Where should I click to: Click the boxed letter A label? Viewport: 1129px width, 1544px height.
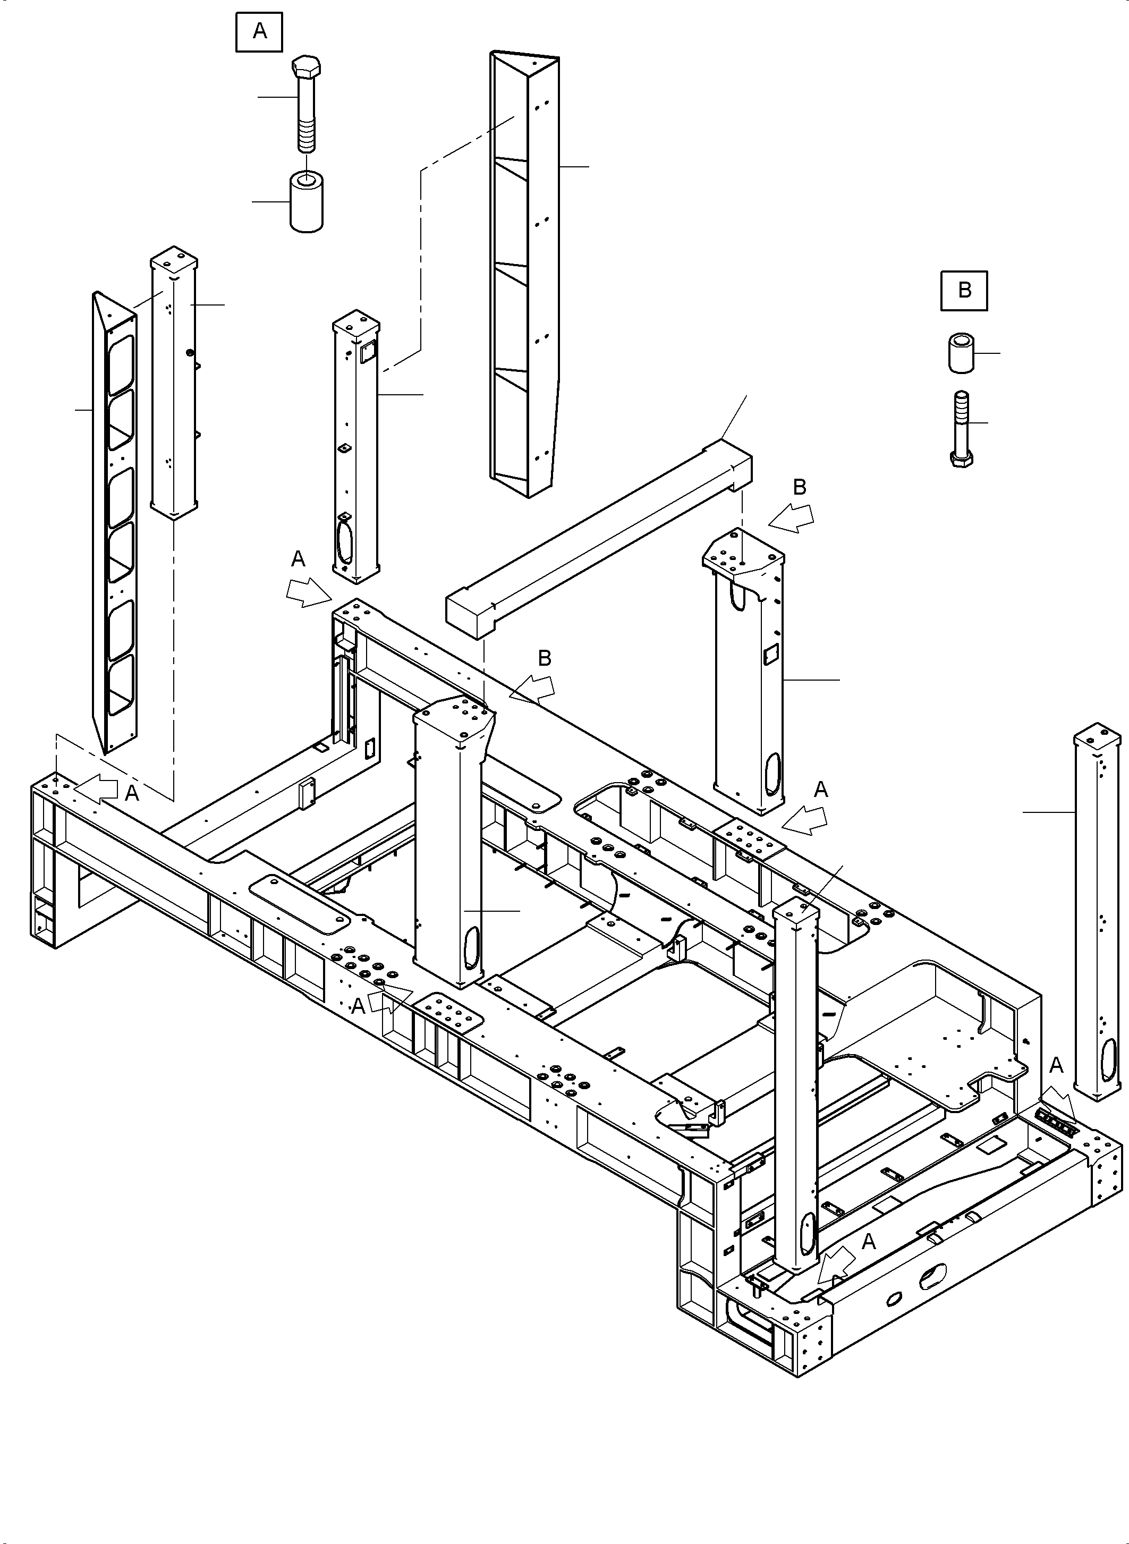[x=259, y=31]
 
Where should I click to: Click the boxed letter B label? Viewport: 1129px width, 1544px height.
[x=964, y=291]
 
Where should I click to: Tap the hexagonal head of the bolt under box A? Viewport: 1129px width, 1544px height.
[x=306, y=67]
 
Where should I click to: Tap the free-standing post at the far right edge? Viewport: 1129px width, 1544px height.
[x=1097, y=916]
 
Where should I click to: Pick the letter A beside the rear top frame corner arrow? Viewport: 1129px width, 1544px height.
[x=298, y=559]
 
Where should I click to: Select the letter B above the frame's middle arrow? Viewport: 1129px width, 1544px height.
[x=545, y=658]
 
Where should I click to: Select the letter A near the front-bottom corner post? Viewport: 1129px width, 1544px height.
[x=868, y=1242]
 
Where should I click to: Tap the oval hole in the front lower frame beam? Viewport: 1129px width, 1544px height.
[x=933, y=1276]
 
